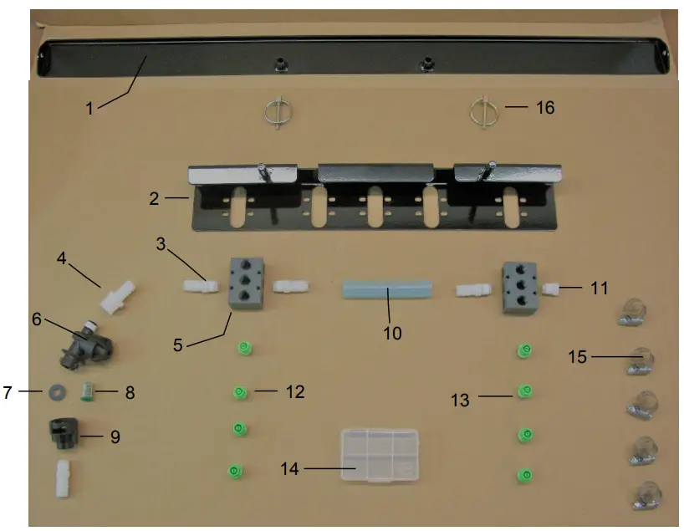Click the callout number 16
point(545,108)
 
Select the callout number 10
point(392,333)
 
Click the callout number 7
point(8,392)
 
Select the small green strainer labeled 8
point(86,391)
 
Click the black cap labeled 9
point(64,436)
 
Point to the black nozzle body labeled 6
point(84,346)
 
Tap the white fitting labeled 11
point(551,288)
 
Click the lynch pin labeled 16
point(483,110)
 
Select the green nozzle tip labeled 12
point(239,391)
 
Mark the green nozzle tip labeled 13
point(525,390)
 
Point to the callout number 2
point(154,199)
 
